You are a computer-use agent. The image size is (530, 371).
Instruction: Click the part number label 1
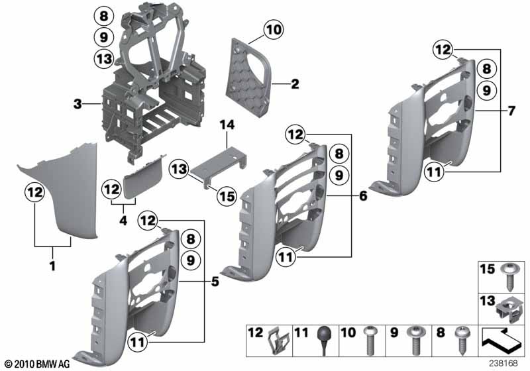pos(53,266)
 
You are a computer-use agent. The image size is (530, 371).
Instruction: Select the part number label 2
pos(295,83)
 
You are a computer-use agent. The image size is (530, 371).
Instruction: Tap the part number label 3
pos(78,104)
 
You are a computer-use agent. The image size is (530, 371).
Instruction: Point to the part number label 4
pos(123,221)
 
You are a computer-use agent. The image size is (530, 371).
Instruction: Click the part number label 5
pos(215,281)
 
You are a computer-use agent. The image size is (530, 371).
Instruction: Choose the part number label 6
pos(363,195)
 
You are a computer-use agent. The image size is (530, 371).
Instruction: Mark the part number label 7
pos(511,111)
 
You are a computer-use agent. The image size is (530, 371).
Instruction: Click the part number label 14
pos(227,125)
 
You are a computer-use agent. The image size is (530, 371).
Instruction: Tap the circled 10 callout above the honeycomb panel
pos(274,30)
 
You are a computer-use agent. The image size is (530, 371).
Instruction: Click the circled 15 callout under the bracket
pos(227,196)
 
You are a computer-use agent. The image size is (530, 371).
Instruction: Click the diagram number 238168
pos(503,363)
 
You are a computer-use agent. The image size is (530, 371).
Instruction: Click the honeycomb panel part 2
pos(249,76)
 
